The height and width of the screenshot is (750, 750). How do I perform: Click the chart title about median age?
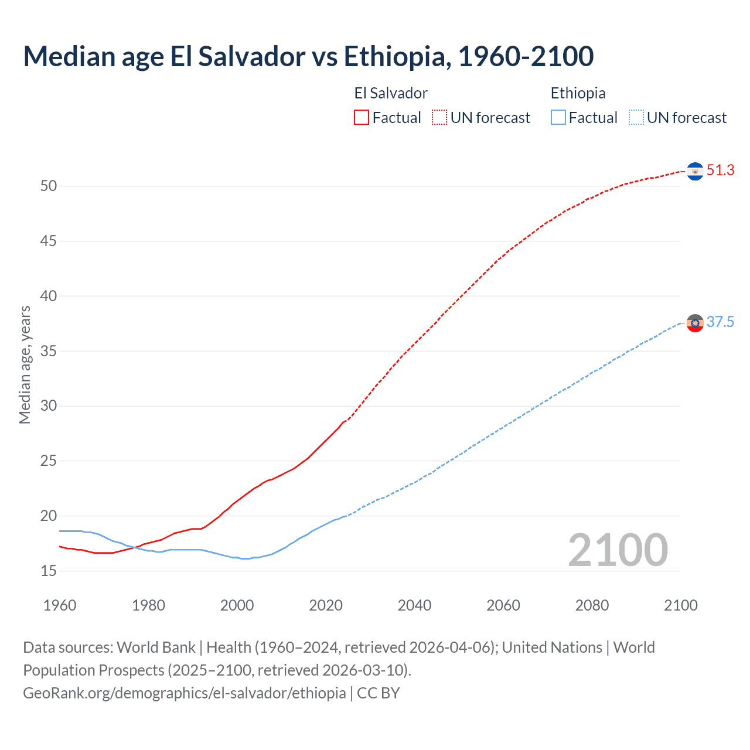click(308, 56)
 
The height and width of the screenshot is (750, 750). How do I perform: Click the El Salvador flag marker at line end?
click(695, 171)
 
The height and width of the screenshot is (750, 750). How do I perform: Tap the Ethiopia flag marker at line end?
click(695, 323)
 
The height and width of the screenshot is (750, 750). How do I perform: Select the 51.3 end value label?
click(720, 171)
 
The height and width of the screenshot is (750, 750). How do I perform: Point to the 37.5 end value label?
click(720, 322)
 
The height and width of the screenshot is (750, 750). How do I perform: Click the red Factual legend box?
click(362, 118)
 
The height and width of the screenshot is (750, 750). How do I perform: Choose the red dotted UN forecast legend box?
click(439, 118)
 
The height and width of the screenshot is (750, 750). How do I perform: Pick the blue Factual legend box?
click(558, 118)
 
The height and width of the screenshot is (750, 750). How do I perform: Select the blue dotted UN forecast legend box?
click(636, 118)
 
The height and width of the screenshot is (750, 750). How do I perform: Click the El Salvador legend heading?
click(391, 93)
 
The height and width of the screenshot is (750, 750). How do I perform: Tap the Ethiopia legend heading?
click(578, 93)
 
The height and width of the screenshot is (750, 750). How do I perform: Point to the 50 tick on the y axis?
click(49, 186)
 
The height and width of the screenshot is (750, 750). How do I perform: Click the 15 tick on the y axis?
click(49, 571)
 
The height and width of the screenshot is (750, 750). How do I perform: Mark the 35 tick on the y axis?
click(49, 351)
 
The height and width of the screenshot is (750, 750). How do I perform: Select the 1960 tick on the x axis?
click(60, 605)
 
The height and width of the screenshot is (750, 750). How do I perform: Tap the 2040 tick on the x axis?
click(414, 605)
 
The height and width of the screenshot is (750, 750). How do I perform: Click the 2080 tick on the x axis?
click(592, 605)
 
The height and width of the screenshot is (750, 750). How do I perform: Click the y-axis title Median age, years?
click(25, 364)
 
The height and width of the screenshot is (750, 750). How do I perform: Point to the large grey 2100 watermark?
click(618, 550)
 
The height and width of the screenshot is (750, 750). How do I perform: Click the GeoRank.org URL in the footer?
click(185, 693)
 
